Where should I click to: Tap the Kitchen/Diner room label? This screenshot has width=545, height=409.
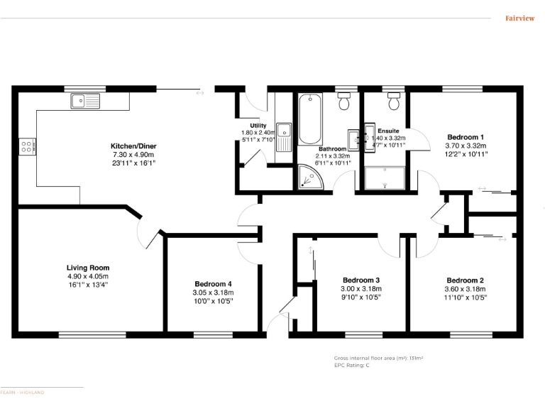click(133, 146)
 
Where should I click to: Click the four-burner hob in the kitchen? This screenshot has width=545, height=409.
click(26, 147)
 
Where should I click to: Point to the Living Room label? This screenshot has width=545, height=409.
click(88, 268)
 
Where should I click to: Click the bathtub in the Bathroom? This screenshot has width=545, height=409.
click(309, 119)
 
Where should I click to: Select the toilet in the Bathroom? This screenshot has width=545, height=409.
click(345, 103)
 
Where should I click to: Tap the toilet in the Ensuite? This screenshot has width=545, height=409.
click(393, 103)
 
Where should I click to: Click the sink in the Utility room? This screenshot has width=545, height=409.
click(284, 131)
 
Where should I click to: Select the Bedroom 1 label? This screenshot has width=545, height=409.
click(465, 137)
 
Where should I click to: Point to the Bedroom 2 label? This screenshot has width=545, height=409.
click(466, 280)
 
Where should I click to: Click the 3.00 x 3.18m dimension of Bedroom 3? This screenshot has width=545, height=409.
click(361, 289)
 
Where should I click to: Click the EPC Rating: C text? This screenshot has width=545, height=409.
click(351, 365)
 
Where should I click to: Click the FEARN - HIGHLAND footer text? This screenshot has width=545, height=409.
click(22, 392)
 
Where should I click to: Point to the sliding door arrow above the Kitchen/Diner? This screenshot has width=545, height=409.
click(200, 92)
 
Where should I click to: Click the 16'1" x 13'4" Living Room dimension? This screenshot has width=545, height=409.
click(88, 285)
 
